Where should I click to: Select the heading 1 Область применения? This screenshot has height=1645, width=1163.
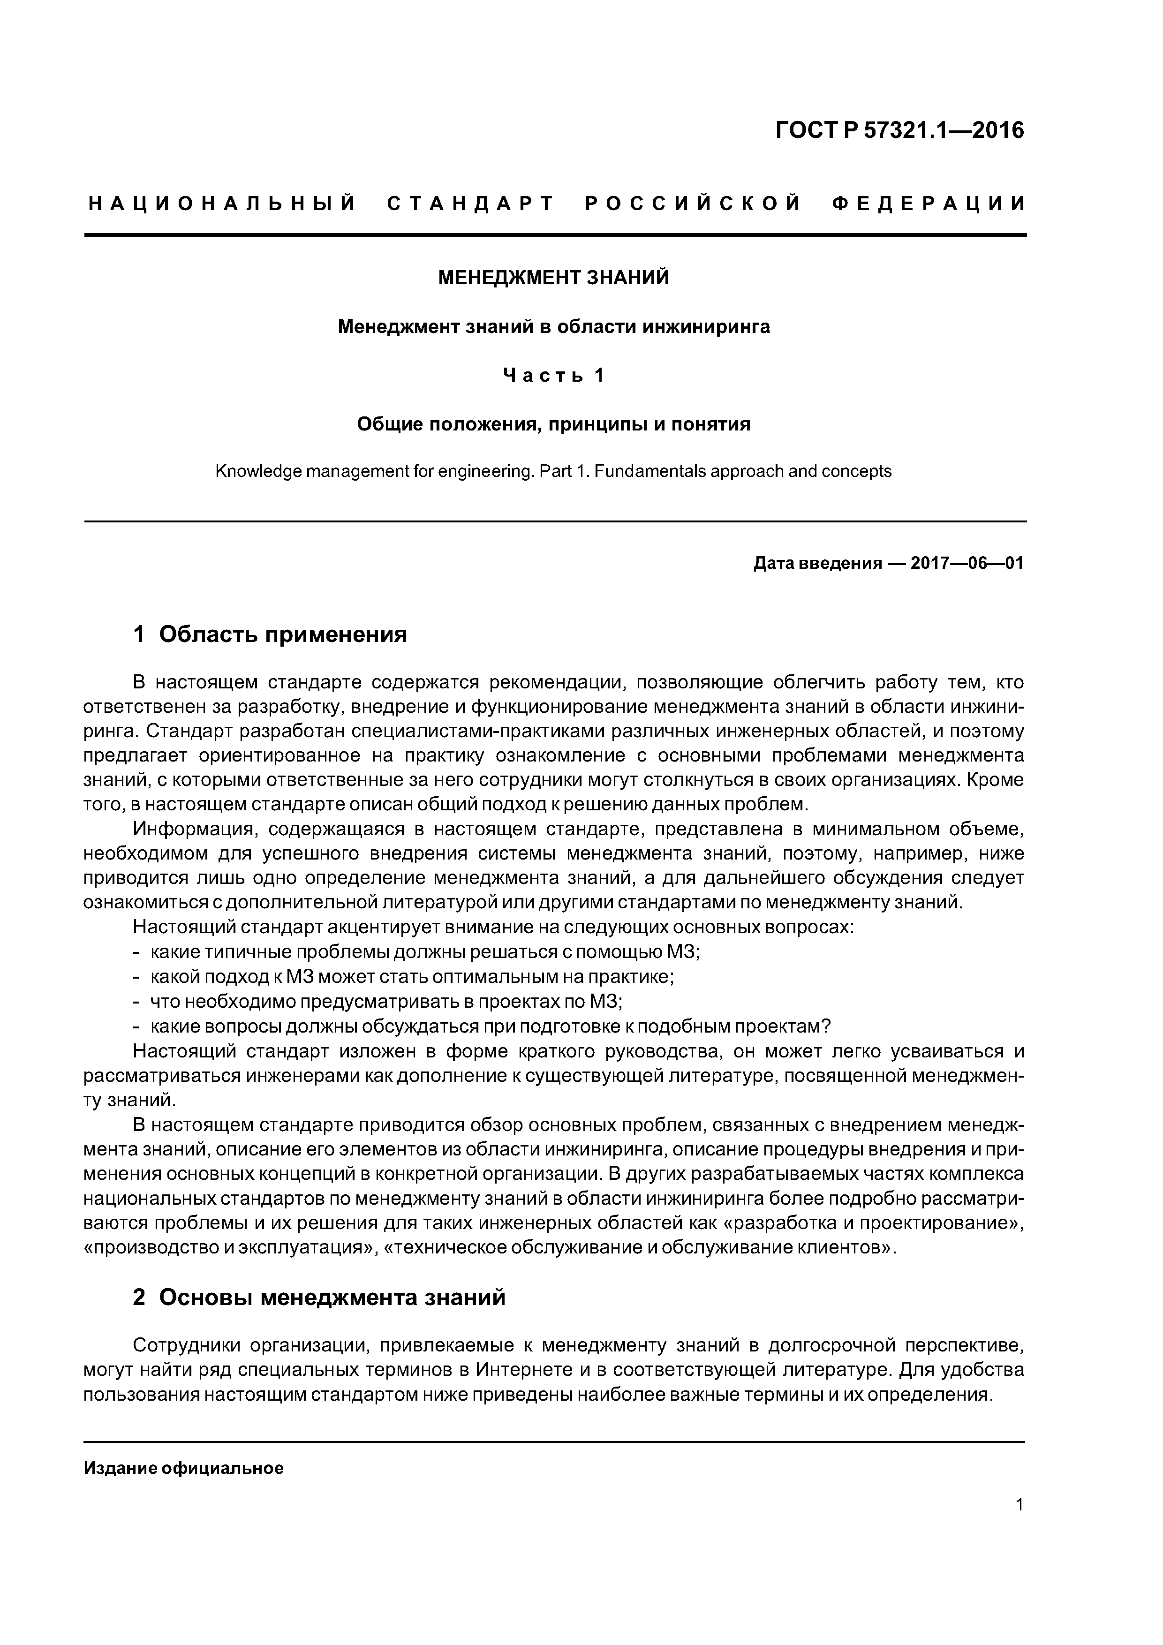(270, 634)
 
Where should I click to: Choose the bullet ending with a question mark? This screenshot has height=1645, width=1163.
(490, 1026)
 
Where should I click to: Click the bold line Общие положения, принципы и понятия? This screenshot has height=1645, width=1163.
(553, 424)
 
